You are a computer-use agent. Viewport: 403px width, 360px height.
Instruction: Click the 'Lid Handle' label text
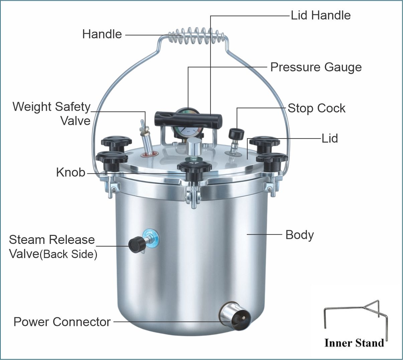tap(321, 15)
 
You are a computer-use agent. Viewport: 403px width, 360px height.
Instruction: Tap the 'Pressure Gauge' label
tap(316, 67)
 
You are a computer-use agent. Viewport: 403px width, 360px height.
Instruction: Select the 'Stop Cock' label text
tap(316, 108)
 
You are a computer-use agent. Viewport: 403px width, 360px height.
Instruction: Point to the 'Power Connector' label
tap(62, 322)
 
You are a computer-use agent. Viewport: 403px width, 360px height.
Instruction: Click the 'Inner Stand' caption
tap(354, 343)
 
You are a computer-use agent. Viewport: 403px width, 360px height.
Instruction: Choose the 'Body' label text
tap(299, 235)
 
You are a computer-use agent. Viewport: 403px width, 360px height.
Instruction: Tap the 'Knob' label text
tap(71, 172)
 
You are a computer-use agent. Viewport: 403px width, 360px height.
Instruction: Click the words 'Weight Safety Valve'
tap(51, 114)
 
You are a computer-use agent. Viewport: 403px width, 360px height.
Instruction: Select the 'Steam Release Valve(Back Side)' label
tap(53, 247)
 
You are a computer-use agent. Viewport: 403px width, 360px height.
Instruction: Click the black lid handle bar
tap(188, 119)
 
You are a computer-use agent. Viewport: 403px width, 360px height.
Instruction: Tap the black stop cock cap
tap(236, 134)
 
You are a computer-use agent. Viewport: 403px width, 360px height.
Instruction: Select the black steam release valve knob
tap(137, 245)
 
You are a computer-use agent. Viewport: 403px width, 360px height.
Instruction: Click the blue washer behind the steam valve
tap(151, 238)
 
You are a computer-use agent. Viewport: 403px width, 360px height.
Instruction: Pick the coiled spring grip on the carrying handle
tap(196, 36)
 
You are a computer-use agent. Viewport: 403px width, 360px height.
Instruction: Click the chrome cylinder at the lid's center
tap(194, 147)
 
